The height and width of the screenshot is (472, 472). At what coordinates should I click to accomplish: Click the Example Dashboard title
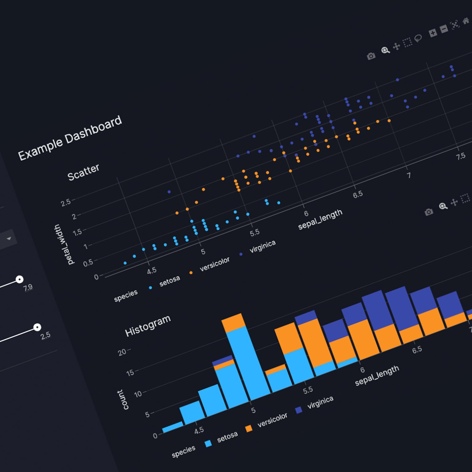coord(70,138)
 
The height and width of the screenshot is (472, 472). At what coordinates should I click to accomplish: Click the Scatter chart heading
coord(83,172)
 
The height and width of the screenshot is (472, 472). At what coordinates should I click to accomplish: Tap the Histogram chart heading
coord(147,326)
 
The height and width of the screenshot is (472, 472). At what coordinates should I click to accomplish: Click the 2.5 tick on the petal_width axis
coord(65,203)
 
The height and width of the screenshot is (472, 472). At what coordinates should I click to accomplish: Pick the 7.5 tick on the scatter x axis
coord(460,156)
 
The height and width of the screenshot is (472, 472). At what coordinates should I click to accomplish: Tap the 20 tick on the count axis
coord(122,352)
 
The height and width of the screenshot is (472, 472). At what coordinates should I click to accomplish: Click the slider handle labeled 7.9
coord(19,279)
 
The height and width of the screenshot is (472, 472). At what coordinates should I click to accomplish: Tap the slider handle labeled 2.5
coord(37,327)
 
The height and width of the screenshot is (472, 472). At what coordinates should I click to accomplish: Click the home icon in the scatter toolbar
coord(466,22)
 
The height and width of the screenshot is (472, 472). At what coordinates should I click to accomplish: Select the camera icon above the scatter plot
coord(371,56)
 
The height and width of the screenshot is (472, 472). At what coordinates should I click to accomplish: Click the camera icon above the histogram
coord(429,212)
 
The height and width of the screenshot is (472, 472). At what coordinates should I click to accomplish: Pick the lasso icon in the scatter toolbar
coord(418,38)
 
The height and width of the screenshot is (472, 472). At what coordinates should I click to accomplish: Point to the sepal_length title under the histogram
coord(377,376)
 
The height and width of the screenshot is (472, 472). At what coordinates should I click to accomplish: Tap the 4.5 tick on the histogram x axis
coord(199,430)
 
